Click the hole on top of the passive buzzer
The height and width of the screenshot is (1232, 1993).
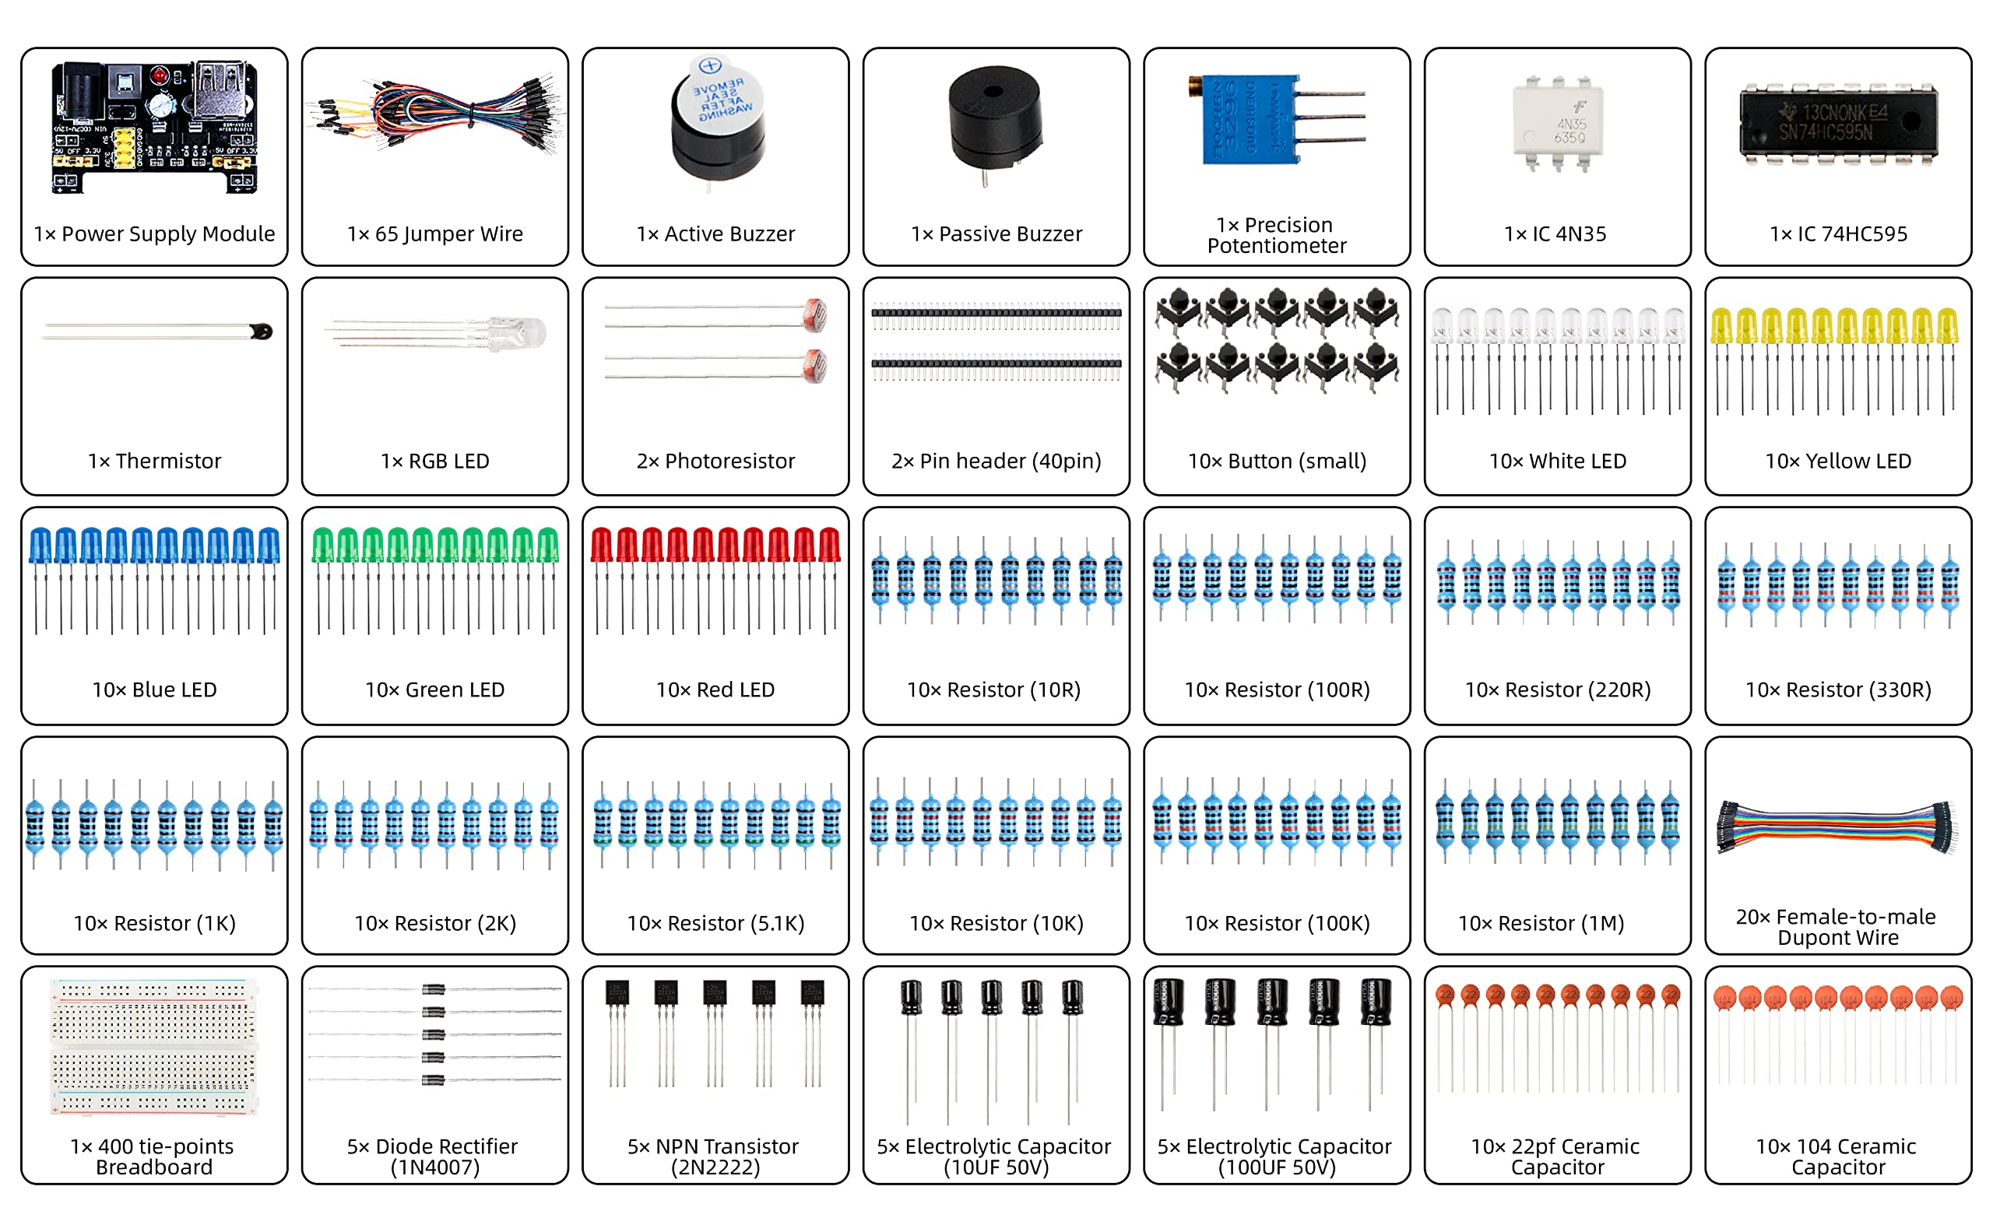click(993, 91)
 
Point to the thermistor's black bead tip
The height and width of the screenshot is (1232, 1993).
click(262, 332)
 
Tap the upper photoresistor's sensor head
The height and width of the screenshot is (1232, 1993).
click(814, 314)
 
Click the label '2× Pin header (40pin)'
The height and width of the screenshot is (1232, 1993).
click(996, 462)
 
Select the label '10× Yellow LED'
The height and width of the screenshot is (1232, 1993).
click(1837, 462)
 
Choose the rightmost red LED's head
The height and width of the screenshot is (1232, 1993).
click(829, 545)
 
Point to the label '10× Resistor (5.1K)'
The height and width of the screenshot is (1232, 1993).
click(715, 923)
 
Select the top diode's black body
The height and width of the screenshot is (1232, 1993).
click(433, 989)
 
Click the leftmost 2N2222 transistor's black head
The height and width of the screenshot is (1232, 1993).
click(617, 992)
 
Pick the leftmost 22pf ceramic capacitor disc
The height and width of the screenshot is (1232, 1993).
click(1445, 994)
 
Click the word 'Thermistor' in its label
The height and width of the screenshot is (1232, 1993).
click(168, 462)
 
